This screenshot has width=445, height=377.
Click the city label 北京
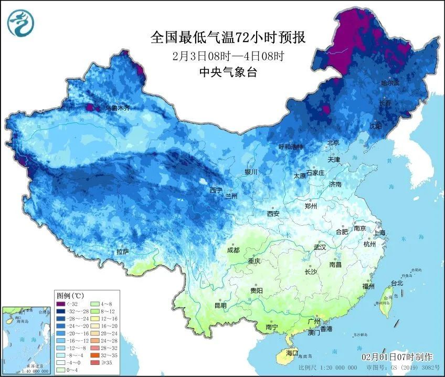pyautogui.click(x=333, y=143)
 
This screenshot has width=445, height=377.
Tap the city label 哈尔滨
pyautogui.click(x=390, y=83)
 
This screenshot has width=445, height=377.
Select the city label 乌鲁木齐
pyautogui.click(x=117, y=108)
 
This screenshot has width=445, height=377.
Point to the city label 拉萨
pyautogui.click(x=122, y=252)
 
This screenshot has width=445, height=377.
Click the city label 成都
pyautogui.click(x=234, y=250)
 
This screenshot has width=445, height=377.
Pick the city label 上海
pyautogui.click(x=379, y=233)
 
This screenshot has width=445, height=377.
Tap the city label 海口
pyautogui.click(x=291, y=353)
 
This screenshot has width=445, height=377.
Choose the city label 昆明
pyautogui.click(x=220, y=306)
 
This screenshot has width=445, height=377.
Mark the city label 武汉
pyautogui.click(x=320, y=247)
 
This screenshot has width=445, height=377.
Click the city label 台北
pyautogui.click(x=397, y=283)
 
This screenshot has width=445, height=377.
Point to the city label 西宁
pyautogui.click(x=216, y=190)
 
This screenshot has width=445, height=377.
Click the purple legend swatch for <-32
pyautogui.click(x=61, y=303)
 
